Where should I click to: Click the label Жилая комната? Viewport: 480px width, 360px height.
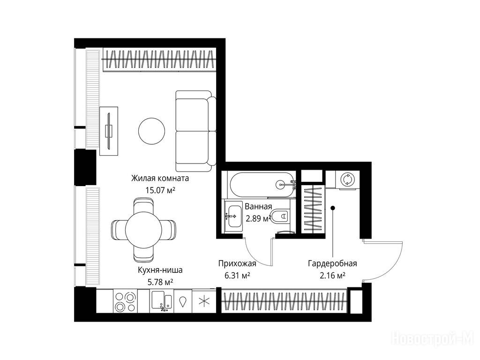point(160,178)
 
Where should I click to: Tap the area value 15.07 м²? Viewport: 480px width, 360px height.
point(160,190)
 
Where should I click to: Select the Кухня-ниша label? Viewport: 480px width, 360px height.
point(160,270)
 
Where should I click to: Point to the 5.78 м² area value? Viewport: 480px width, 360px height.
point(160,282)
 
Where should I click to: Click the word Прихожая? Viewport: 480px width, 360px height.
point(237,263)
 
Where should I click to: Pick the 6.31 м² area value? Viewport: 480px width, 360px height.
point(237,276)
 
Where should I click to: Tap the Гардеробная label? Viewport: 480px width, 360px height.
point(332,263)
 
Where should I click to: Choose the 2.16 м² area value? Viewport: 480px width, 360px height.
point(332,276)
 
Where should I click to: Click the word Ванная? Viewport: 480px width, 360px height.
point(258,207)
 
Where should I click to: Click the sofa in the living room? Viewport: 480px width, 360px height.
point(195,131)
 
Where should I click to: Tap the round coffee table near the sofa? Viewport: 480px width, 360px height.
point(151,131)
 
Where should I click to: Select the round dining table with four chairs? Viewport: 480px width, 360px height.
point(143,230)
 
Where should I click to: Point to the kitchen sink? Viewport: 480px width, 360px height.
point(162,301)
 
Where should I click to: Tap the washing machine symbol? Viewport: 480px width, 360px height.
point(348,180)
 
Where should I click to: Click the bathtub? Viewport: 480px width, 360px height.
point(262,184)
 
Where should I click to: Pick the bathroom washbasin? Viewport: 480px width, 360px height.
point(233,216)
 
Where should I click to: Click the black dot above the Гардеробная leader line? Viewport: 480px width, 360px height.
point(333,208)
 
